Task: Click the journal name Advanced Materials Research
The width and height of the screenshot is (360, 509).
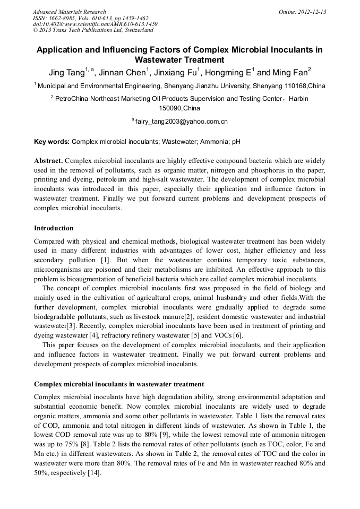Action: click(69, 12)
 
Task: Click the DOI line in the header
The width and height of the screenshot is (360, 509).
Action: click(95, 24)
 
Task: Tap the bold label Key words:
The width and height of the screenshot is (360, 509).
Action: click(52, 142)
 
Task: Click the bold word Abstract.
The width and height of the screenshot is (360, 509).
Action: click(48, 160)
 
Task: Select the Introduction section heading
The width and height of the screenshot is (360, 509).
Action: click(54, 228)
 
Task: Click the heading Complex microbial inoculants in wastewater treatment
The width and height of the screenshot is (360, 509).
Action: click(119, 384)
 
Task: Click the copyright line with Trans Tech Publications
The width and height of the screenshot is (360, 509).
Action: click(93, 30)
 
